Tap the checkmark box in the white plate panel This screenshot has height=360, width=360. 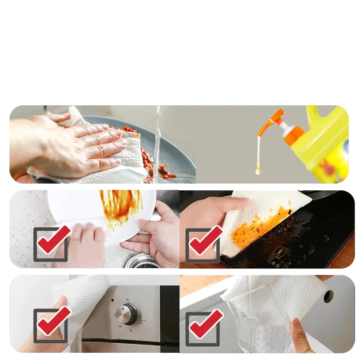click(x=51, y=243)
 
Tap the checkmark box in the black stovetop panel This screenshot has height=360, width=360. click(x=203, y=243)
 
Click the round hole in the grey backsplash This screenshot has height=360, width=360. click(x=328, y=296)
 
